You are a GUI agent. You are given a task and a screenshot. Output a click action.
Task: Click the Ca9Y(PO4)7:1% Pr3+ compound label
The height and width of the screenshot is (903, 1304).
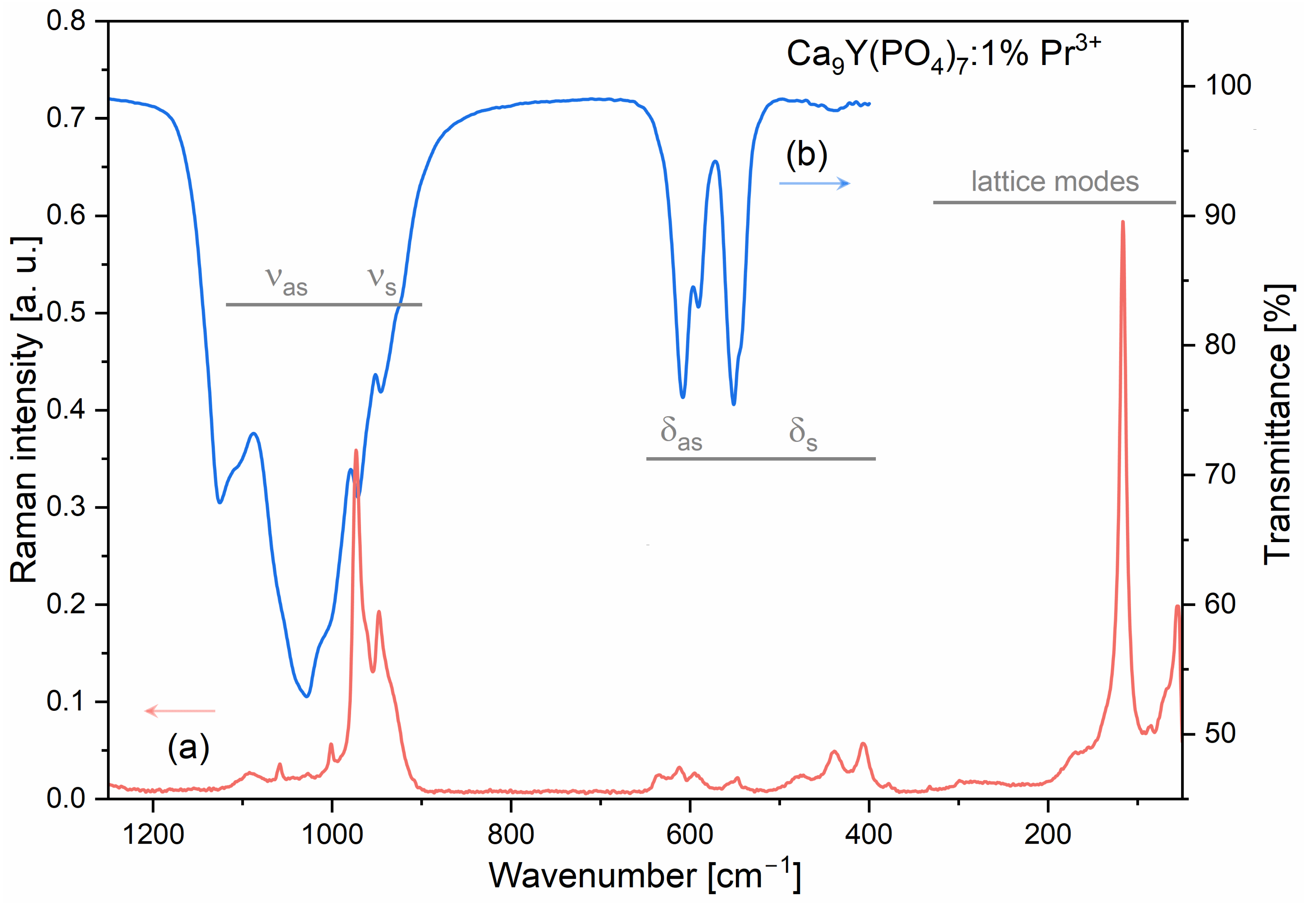pos(943,55)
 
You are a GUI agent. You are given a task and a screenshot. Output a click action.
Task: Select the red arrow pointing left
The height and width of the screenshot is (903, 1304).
pos(180,710)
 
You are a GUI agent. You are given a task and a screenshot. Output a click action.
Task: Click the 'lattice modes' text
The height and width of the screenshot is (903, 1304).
pos(1055,182)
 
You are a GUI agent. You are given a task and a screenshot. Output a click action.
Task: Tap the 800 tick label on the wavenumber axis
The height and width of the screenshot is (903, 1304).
pos(511,834)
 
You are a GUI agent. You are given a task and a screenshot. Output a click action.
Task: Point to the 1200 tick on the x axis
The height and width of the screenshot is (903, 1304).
pos(153,834)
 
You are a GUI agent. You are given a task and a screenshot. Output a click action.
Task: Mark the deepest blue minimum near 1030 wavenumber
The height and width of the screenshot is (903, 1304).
pos(306,696)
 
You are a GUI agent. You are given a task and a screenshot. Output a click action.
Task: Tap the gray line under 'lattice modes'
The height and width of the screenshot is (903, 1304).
pos(1054,202)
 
